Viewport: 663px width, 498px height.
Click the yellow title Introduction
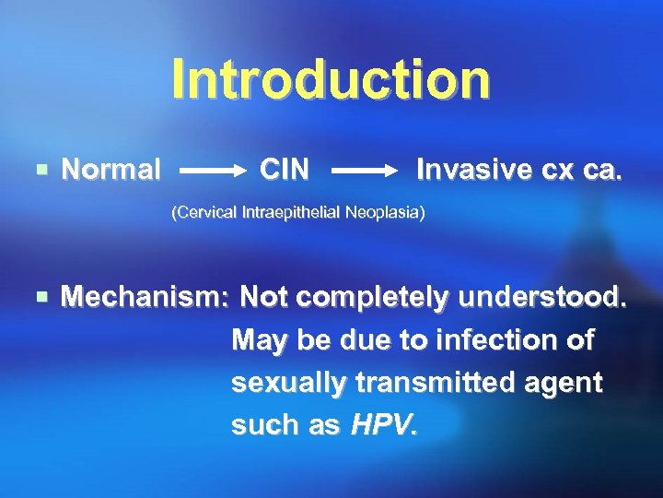coord(331,78)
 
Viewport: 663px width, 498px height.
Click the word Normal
coord(110,170)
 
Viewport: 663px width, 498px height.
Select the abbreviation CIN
coord(285,170)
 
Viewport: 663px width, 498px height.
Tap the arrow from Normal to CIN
coord(211,172)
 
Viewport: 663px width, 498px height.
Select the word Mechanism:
coord(145,298)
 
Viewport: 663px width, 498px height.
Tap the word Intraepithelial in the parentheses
coord(292,213)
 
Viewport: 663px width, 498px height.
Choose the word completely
coord(374,298)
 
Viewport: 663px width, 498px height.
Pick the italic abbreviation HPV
coord(383,425)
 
